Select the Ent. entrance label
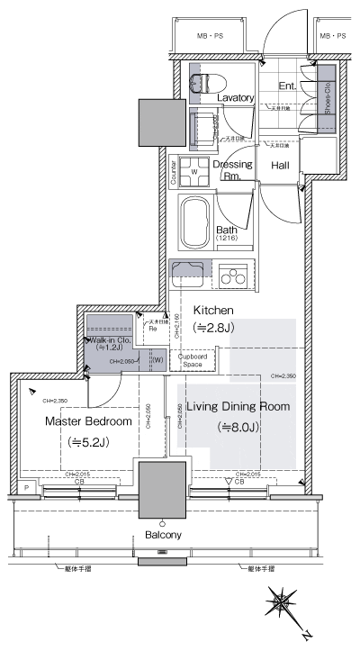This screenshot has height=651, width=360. click(x=287, y=86)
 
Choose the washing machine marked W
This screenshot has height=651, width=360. click(x=193, y=170)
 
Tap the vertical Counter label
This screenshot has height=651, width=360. click(x=173, y=171)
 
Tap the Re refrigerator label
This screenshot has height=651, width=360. click(x=154, y=329)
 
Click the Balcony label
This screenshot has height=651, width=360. click(x=162, y=535)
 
